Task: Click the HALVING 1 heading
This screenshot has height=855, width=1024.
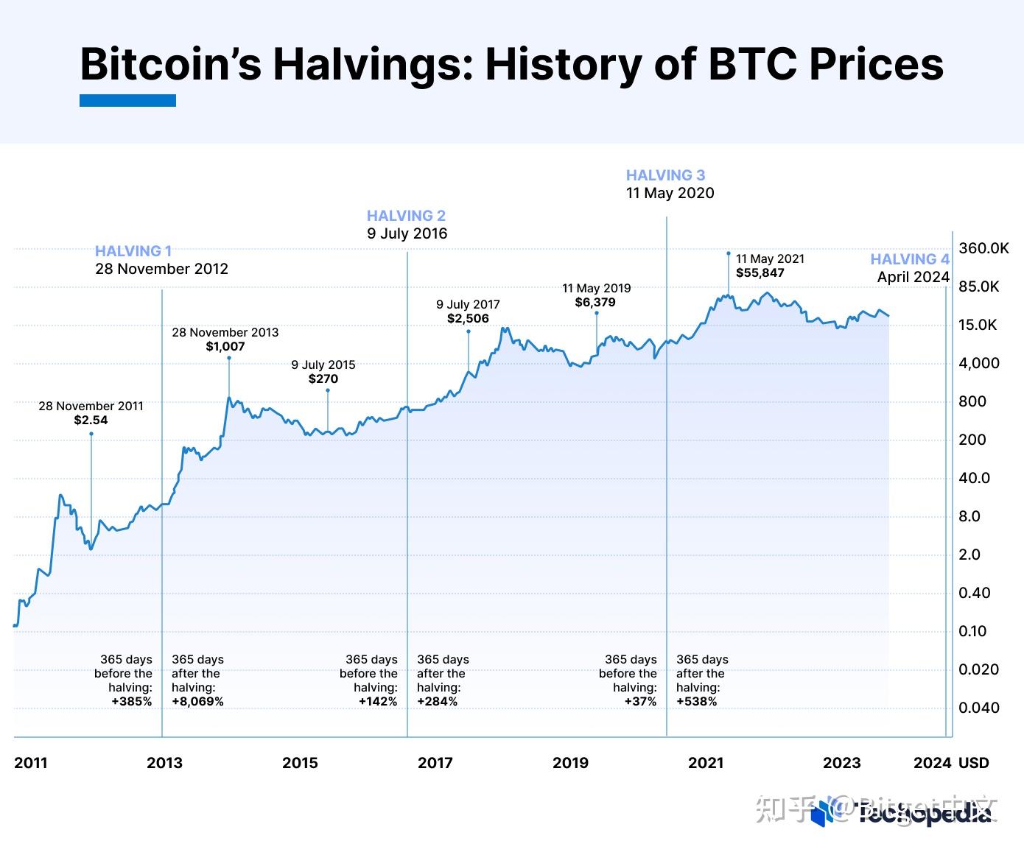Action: pos(133,251)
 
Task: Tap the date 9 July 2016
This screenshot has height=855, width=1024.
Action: pos(407,233)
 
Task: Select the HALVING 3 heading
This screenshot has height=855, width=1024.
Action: pos(665,175)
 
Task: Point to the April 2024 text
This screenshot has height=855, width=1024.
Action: pos(913,277)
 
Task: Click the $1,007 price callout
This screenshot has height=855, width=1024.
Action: pos(225,346)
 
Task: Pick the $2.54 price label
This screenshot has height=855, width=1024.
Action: pos(91,420)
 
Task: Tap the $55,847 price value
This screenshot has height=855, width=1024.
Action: pos(760,272)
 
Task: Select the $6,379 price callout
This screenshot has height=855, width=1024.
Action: pos(595,302)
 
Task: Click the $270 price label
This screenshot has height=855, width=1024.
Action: pos(323,379)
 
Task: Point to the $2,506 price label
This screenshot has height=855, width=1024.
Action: pos(468,318)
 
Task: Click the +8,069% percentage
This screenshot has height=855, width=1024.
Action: pos(197,702)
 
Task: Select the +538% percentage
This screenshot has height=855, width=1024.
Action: pos(696,702)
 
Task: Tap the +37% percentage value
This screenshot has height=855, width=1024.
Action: pos(640,702)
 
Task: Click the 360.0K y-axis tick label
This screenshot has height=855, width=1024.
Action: pos(983,248)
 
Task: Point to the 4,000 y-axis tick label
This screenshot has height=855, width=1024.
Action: pos(979,363)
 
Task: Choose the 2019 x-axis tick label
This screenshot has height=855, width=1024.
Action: pos(570,763)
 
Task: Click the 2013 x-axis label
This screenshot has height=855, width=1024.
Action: pos(164,763)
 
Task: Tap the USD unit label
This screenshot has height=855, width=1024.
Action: pos(973,763)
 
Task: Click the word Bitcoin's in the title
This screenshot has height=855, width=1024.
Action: pos(170,64)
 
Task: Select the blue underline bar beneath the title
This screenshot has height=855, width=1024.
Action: pos(127,100)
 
